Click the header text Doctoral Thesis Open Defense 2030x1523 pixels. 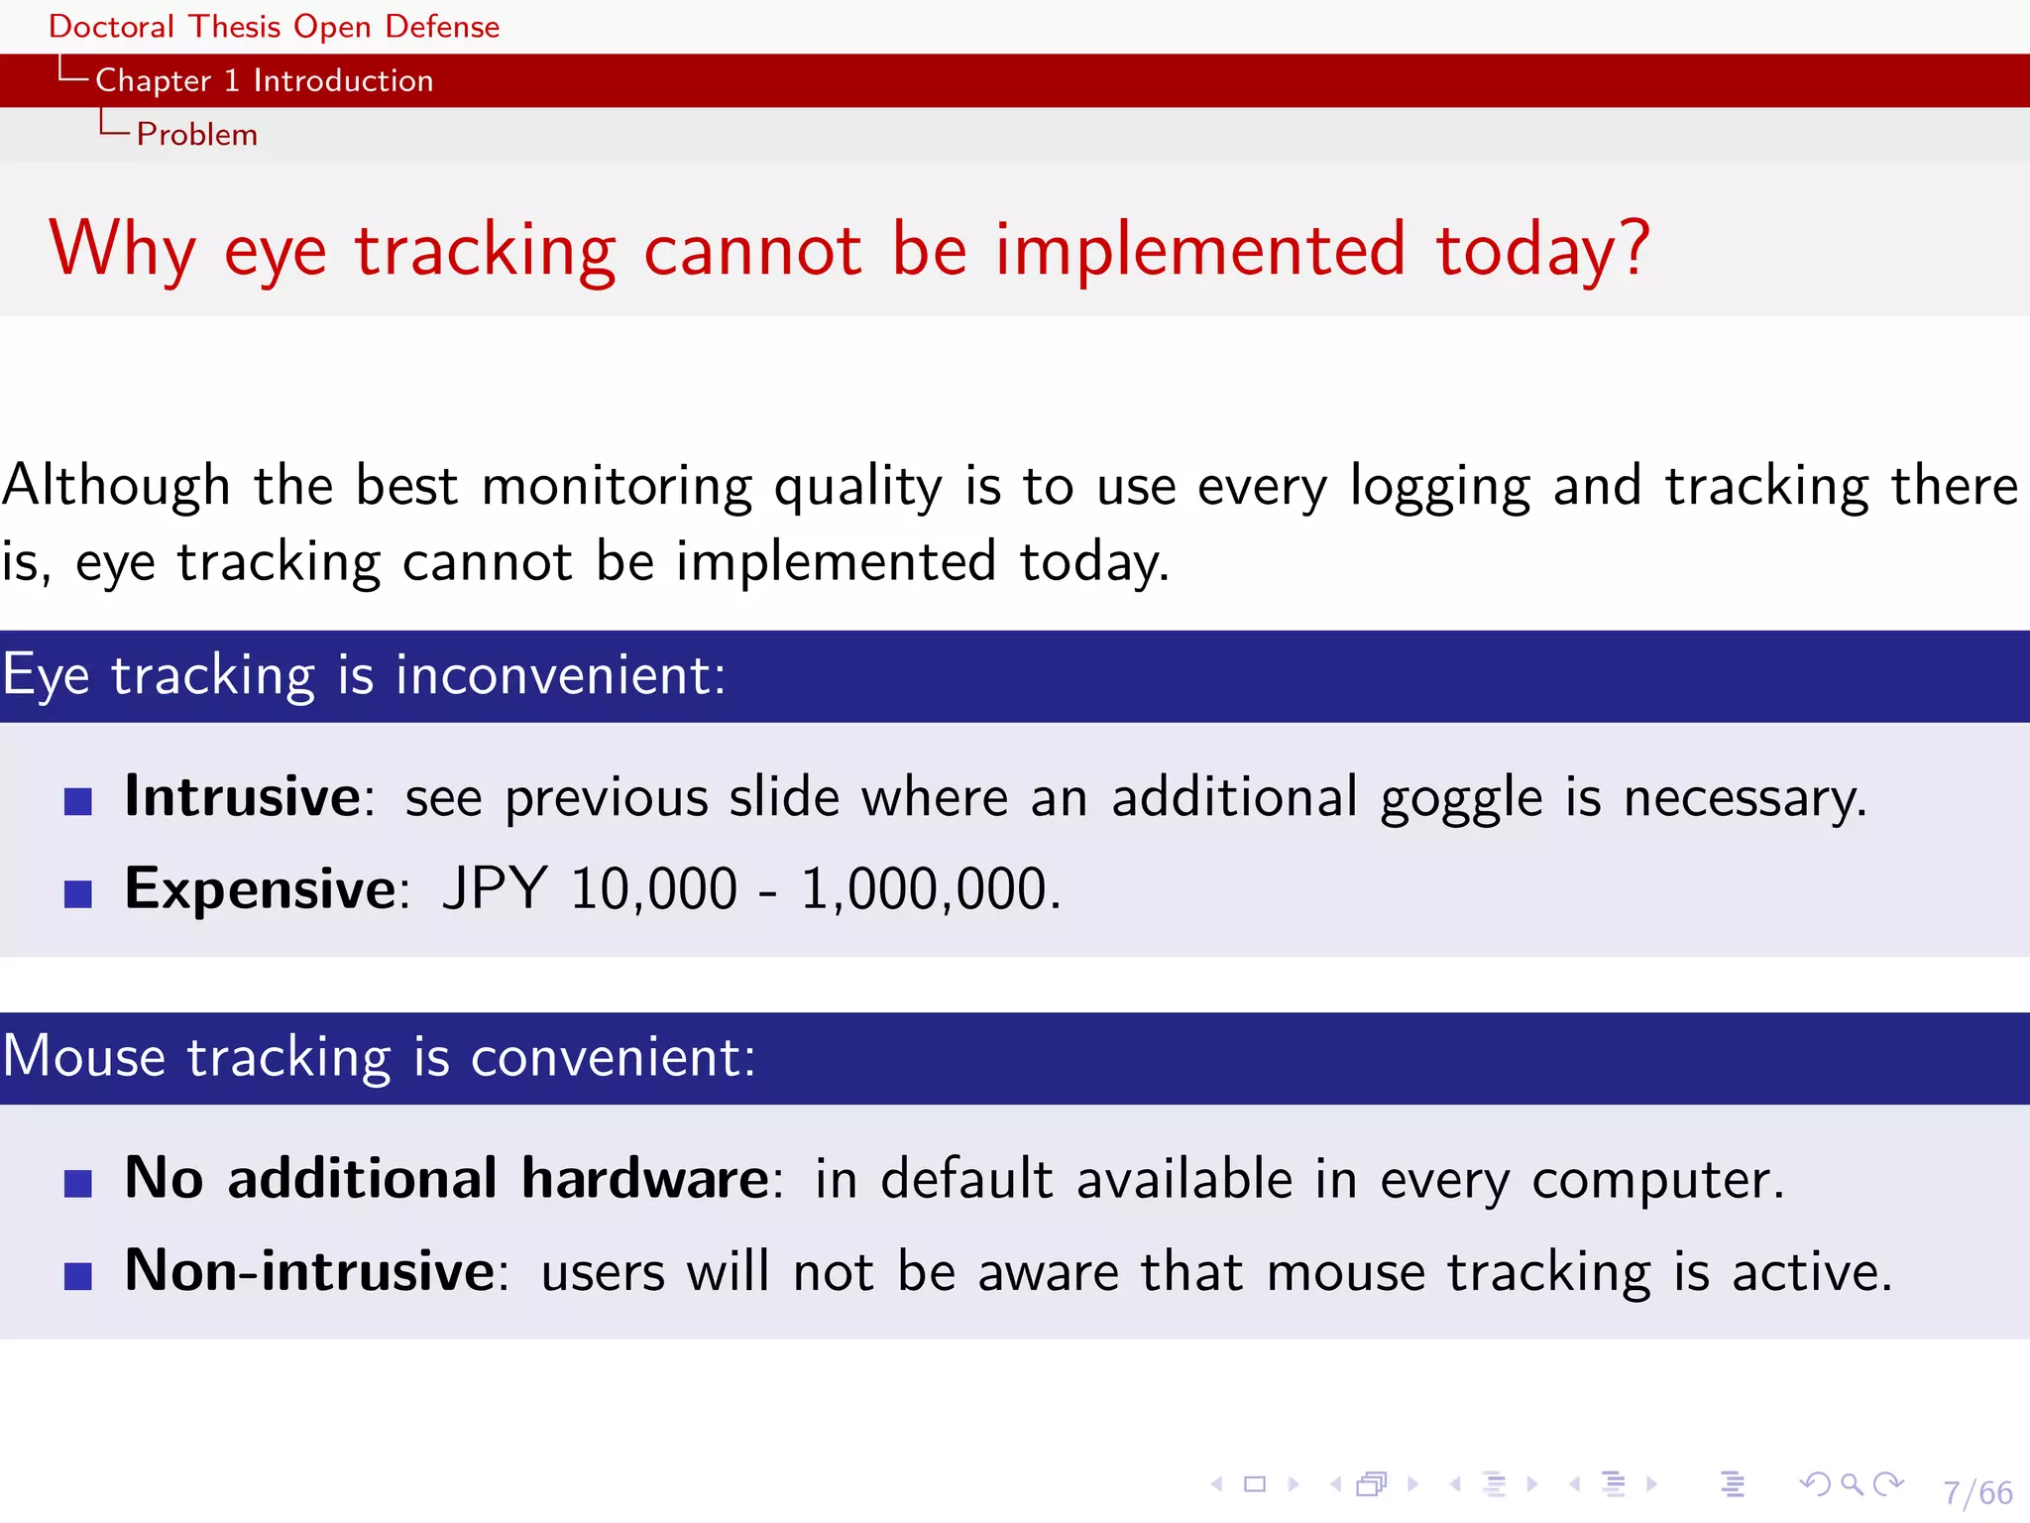click(274, 27)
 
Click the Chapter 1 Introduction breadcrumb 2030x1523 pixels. click(264, 80)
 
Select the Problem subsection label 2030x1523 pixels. click(196, 134)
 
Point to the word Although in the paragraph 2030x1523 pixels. click(116, 486)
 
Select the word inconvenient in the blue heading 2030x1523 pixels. click(560, 676)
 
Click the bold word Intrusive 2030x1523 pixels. click(243, 796)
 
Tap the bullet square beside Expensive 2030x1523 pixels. click(78, 893)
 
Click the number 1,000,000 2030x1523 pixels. click(929, 888)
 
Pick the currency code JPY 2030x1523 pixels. click(495, 888)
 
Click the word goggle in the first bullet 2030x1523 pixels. click(1461, 799)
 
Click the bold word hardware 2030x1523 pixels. click(645, 1178)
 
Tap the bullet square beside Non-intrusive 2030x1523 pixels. click(78, 1275)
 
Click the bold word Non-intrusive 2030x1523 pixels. click(309, 1270)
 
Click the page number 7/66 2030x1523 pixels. click(1977, 1492)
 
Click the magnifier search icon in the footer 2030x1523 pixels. click(1851, 1484)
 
